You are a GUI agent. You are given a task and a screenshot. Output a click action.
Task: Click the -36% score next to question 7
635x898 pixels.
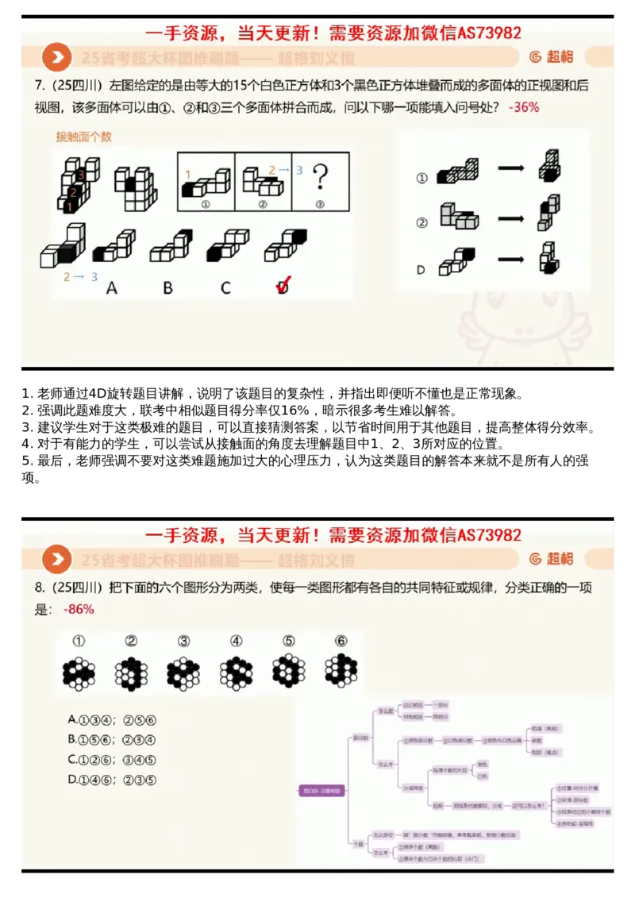click(x=525, y=106)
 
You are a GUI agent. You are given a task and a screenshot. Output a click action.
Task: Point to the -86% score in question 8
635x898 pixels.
click(x=78, y=609)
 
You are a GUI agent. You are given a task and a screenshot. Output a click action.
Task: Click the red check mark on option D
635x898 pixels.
click(x=283, y=286)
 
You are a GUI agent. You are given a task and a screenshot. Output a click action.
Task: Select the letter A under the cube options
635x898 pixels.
click(x=112, y=287)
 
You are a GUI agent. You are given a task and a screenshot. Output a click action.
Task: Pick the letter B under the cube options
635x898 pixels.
click(x=168, y=287)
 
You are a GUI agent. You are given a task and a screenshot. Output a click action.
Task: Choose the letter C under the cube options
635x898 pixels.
click(x=225, y=287)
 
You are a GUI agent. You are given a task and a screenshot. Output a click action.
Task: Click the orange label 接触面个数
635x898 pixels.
click(x=83, y=137)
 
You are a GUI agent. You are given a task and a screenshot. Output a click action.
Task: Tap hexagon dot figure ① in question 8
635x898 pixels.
click(x=79, y=673)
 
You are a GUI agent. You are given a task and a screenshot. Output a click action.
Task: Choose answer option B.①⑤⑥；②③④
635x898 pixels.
click(x=112, y=739)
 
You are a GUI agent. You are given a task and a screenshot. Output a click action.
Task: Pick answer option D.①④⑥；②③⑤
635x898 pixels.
click(x=112, y=780)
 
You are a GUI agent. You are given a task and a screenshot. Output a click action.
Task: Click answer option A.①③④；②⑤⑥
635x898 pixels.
click(x=112, y=719)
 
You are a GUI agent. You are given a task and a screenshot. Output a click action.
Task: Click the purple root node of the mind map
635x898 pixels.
click(x=321, y=790)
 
